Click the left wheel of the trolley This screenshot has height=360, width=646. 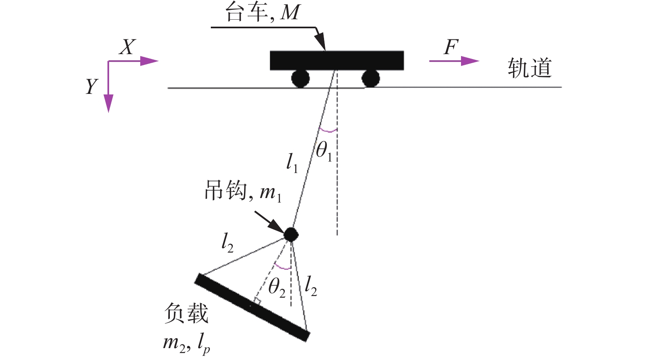[x=300, y=78]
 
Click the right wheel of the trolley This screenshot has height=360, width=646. [x=370, y=78]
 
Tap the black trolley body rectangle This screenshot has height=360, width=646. [x=337, y=60]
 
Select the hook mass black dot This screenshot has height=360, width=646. [x=291, y=234]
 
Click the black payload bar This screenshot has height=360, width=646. [x=252, y=307]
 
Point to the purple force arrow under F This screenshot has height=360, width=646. [x=454, y=61]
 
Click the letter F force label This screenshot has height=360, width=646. [x=451, y=47]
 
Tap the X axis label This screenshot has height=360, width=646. [x=127, y=47]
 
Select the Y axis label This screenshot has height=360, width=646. [x=91, y=87]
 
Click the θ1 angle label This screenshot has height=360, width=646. [x=324, y=151]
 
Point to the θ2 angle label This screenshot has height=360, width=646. [x=276, y=287]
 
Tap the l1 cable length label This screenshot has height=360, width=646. [x=292, y=163]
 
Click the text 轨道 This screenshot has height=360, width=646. [x=530, y=68]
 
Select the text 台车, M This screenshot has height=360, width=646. [x=263, y=13]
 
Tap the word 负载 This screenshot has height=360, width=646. [x=186, y=314]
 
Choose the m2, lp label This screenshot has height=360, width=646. [x=187, y=342]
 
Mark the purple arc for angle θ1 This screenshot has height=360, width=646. [x=328, y=130]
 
